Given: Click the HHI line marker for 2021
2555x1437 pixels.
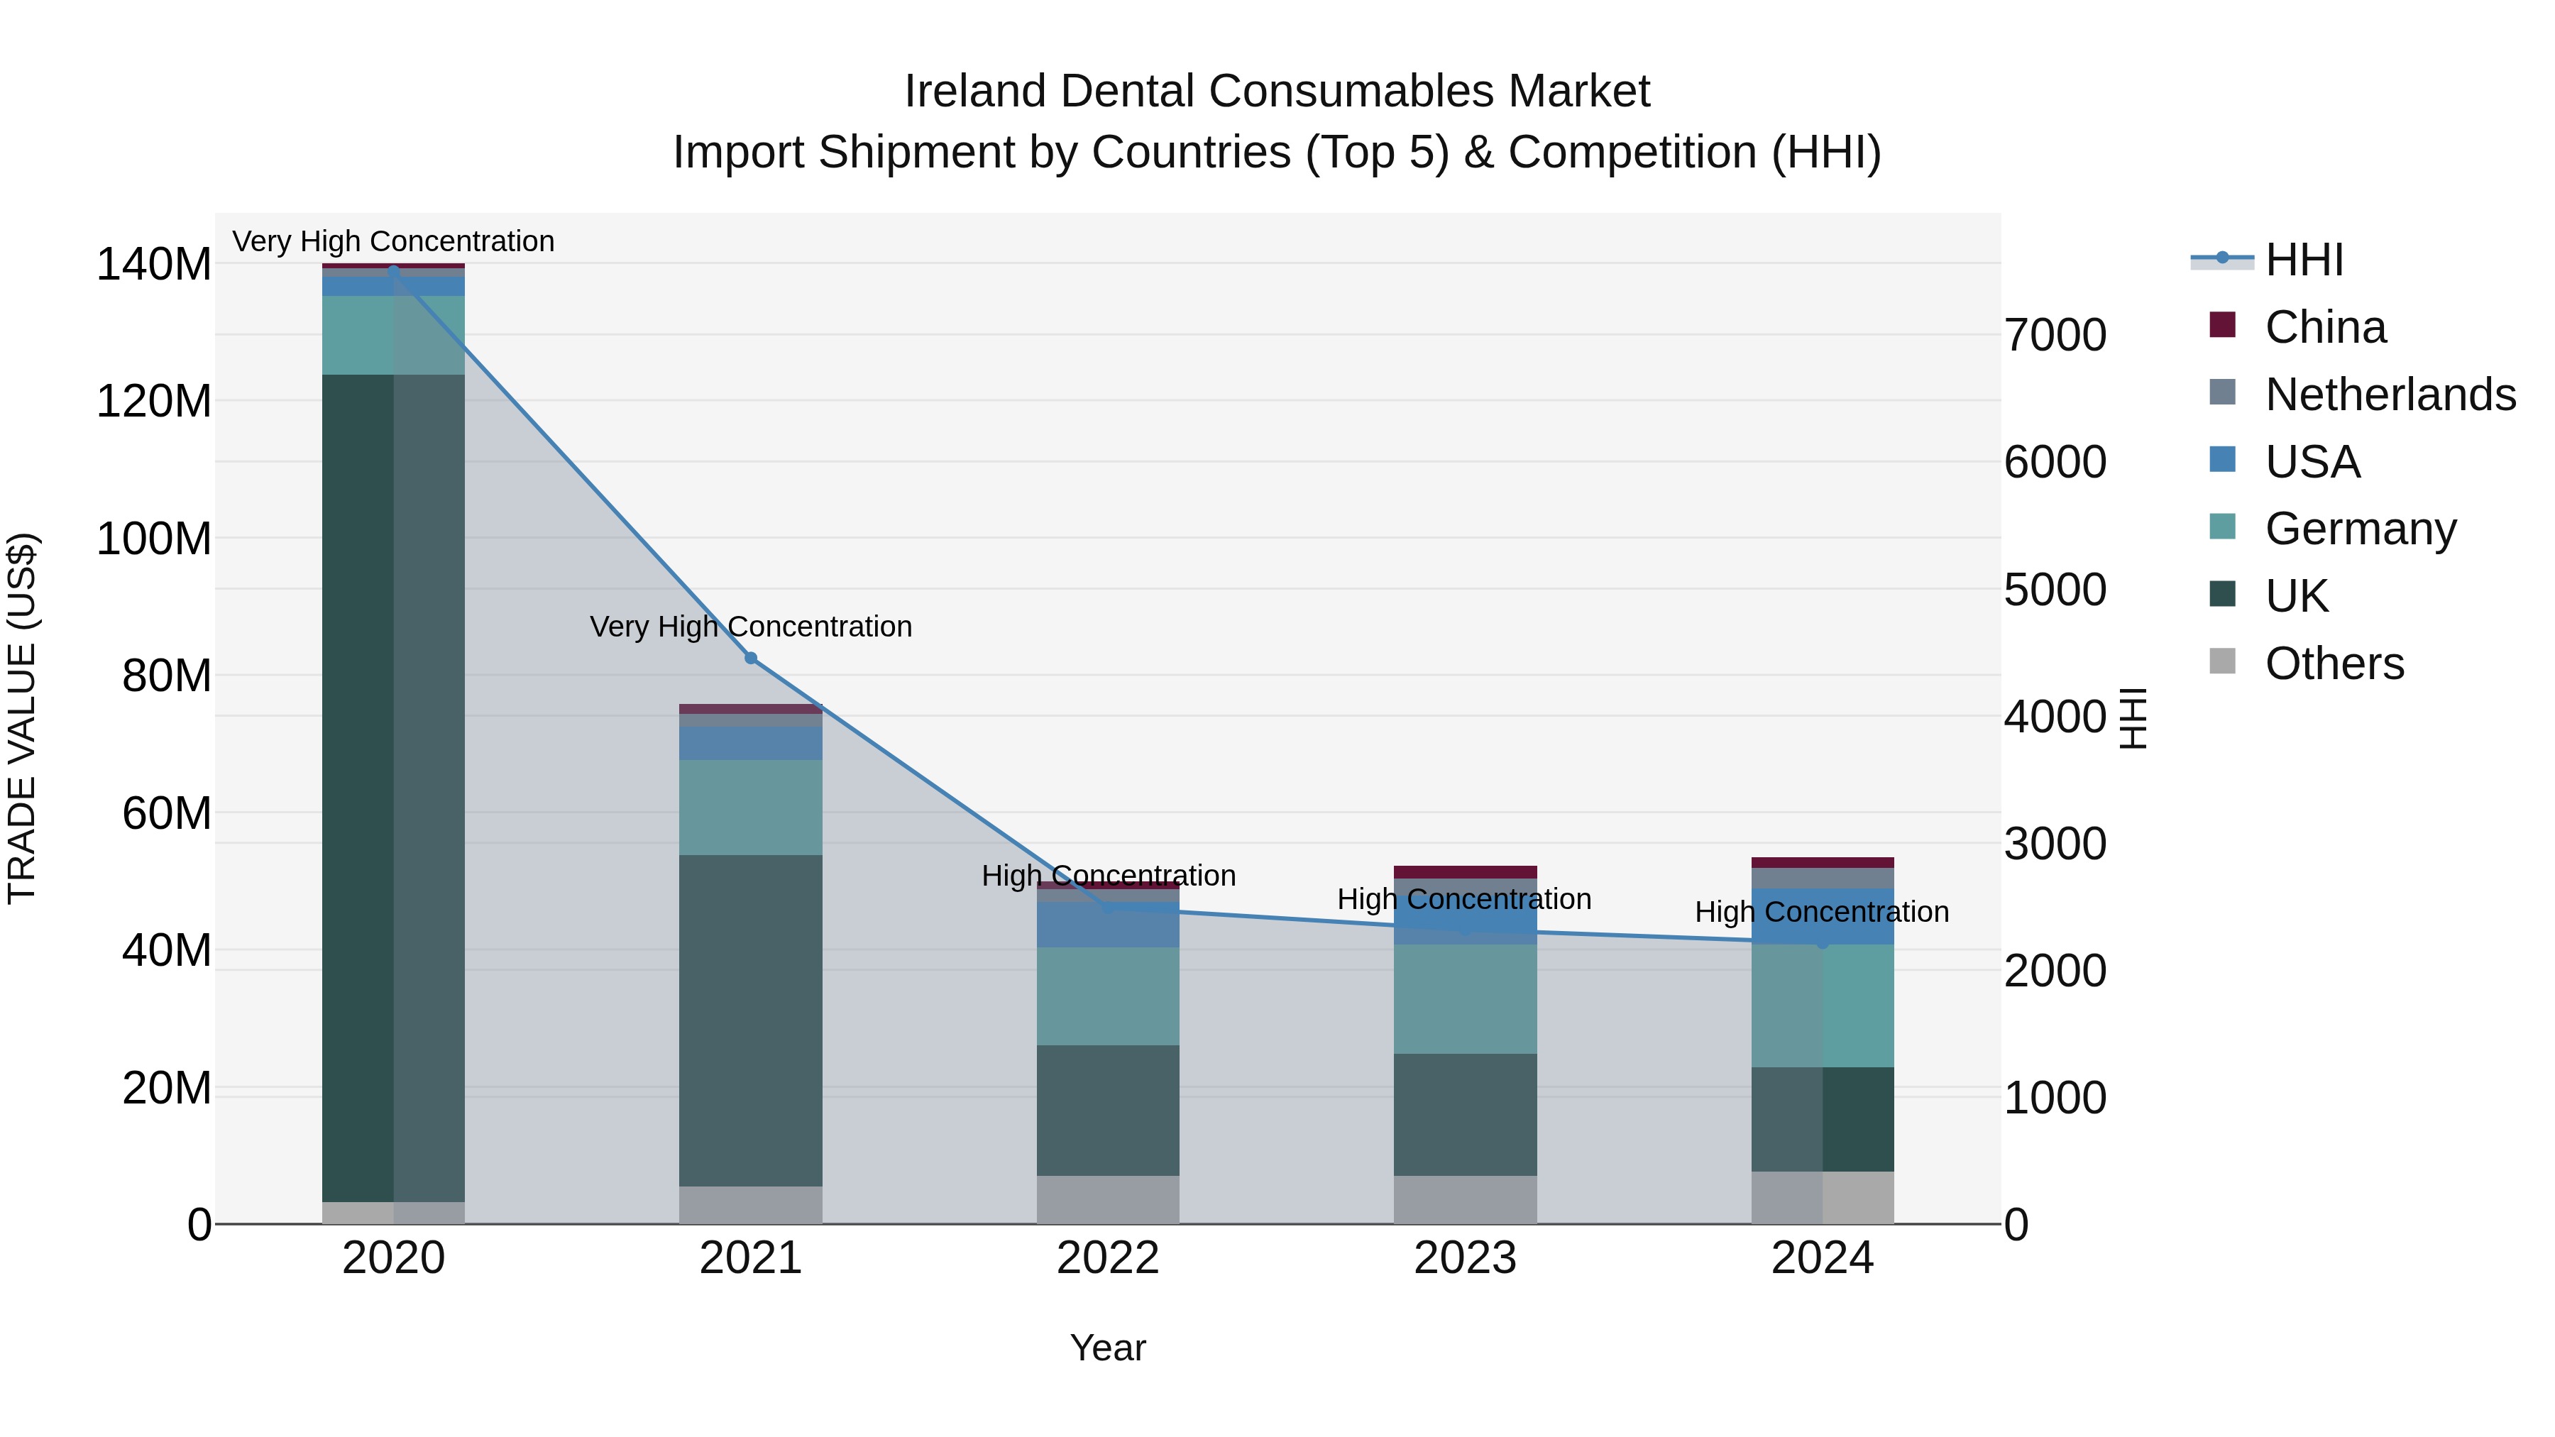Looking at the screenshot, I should (751, 659).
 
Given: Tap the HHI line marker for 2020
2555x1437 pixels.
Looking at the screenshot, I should (394, 270).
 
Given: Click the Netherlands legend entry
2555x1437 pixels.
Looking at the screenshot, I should (2390, 395).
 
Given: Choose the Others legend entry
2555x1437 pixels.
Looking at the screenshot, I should (2334, 664).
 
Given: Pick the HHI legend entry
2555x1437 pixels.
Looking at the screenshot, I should (2304, 260).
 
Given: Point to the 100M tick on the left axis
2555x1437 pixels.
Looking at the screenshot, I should (154, 539).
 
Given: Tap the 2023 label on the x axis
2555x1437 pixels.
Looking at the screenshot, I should (1465, 1258).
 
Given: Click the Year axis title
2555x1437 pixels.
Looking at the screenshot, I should (1108, 1348).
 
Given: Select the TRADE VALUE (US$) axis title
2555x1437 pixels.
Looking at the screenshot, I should (23, 718).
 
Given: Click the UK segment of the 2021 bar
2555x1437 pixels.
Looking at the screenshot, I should (751, 1021).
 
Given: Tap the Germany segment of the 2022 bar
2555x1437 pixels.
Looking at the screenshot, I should (1108, 996).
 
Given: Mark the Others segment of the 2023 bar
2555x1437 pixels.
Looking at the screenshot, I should (1465, 1200).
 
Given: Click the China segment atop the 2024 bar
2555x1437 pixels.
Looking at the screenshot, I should (1822, 863).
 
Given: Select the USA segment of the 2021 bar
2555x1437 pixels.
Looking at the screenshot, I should (751, 744).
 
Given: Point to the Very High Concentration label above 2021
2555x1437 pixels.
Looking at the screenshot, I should (751, 627).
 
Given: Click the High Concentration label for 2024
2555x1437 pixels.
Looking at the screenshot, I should (1821, 911).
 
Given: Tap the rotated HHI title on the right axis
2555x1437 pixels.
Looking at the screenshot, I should (2133, 718).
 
